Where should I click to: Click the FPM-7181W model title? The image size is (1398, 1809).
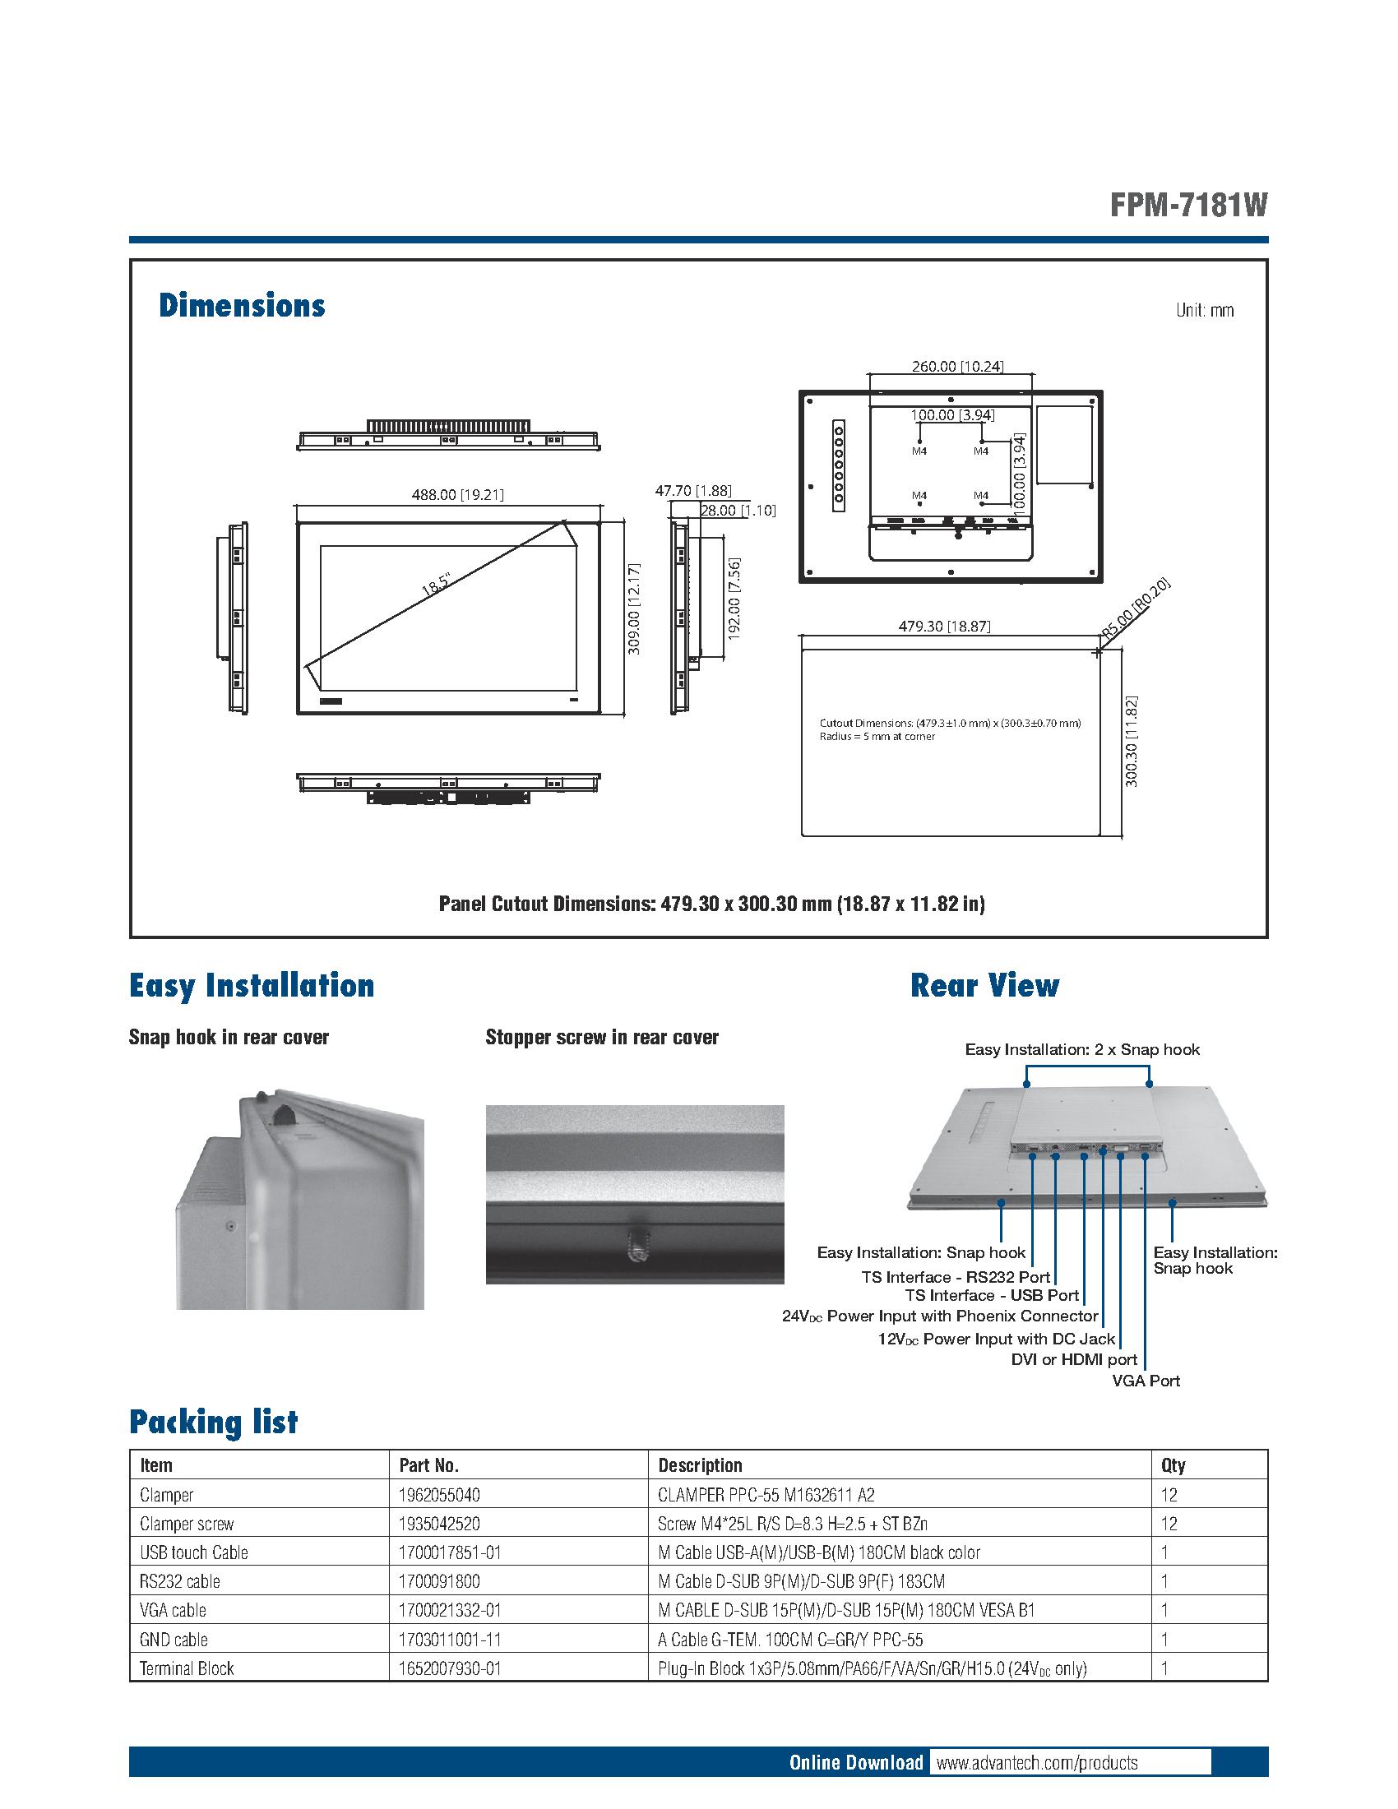[1188, 205]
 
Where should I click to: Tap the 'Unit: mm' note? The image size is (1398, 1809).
[1204, 311]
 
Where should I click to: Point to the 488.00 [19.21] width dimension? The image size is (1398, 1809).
[457, 494]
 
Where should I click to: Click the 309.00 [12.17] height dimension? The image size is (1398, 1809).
[633, 609]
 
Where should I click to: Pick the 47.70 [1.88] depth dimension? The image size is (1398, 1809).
[693, 491]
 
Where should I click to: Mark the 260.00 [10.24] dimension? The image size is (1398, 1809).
[956, 366]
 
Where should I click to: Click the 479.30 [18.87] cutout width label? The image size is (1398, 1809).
[944, 627]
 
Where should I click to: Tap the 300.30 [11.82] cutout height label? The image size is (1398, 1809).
[1132, 742]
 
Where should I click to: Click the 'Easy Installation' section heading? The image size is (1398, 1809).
[252, 986]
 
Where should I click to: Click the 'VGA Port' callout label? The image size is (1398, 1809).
[1146, 1381]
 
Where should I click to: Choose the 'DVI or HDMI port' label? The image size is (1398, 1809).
[1074, 1359]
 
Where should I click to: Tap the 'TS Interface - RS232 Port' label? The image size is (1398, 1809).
[956, 1277]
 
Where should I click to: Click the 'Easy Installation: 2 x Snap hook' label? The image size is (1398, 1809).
[1081, 1049]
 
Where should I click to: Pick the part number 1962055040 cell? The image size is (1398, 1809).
[439, 1495]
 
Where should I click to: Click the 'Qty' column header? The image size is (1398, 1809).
[1173, 1465]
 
